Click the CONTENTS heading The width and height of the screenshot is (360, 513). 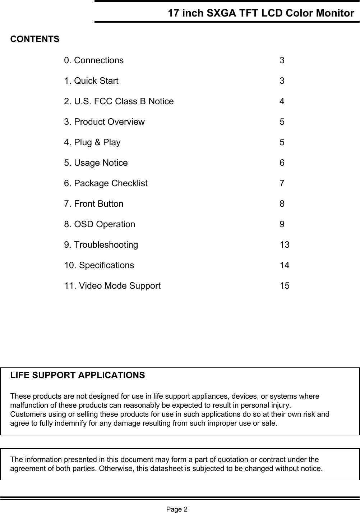point(35,39)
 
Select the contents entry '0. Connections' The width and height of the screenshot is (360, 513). point(94,60)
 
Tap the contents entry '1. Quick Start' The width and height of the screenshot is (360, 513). point(91,81)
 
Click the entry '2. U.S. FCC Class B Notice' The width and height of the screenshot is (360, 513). point(119,101)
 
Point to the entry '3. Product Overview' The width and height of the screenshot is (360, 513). point(104,122)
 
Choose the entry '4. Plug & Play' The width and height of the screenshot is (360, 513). point(92,142)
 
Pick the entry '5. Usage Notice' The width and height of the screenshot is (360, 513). point(96,163)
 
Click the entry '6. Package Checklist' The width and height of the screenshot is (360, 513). point(106,183)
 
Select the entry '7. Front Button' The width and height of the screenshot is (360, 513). point(93,204)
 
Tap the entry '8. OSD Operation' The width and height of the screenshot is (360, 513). point(100,224)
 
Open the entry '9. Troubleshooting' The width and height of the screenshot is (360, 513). point(101,245)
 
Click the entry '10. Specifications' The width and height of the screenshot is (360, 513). point(99,265)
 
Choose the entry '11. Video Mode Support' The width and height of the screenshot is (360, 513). point(112,286)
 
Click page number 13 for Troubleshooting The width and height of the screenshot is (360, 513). point(285,245)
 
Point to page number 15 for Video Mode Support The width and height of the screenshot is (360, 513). point(285,286)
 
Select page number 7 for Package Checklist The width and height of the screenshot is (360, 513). point(282,183)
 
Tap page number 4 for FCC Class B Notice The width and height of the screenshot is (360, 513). point(282,101)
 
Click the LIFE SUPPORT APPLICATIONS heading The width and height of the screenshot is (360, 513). point(78,375)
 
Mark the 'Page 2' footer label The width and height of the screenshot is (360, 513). point(176,509)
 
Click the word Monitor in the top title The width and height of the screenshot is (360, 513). point(334,13)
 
